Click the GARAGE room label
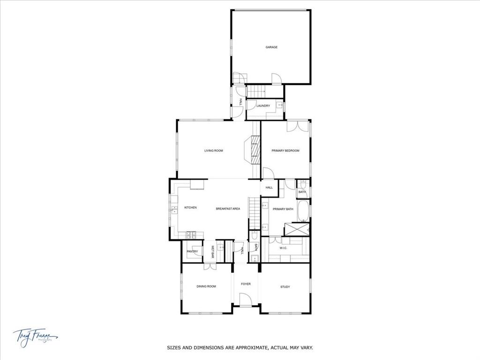[271, 47]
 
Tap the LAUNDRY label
[263, 106]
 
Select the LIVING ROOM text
[213, 151]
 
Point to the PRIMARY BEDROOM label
[285, 151]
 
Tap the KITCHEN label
[190, 208]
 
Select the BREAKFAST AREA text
[228, 209]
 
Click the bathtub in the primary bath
[303, 211]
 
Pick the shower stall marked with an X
[296, 229]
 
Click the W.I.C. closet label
[283, 248]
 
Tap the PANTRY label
[192, 252]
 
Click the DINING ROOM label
[206, 286]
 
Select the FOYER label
[246, 284]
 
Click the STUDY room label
[285, 287]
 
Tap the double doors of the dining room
[210, 266]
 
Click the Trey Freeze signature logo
[35, 336]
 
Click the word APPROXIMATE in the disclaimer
[249, 348]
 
